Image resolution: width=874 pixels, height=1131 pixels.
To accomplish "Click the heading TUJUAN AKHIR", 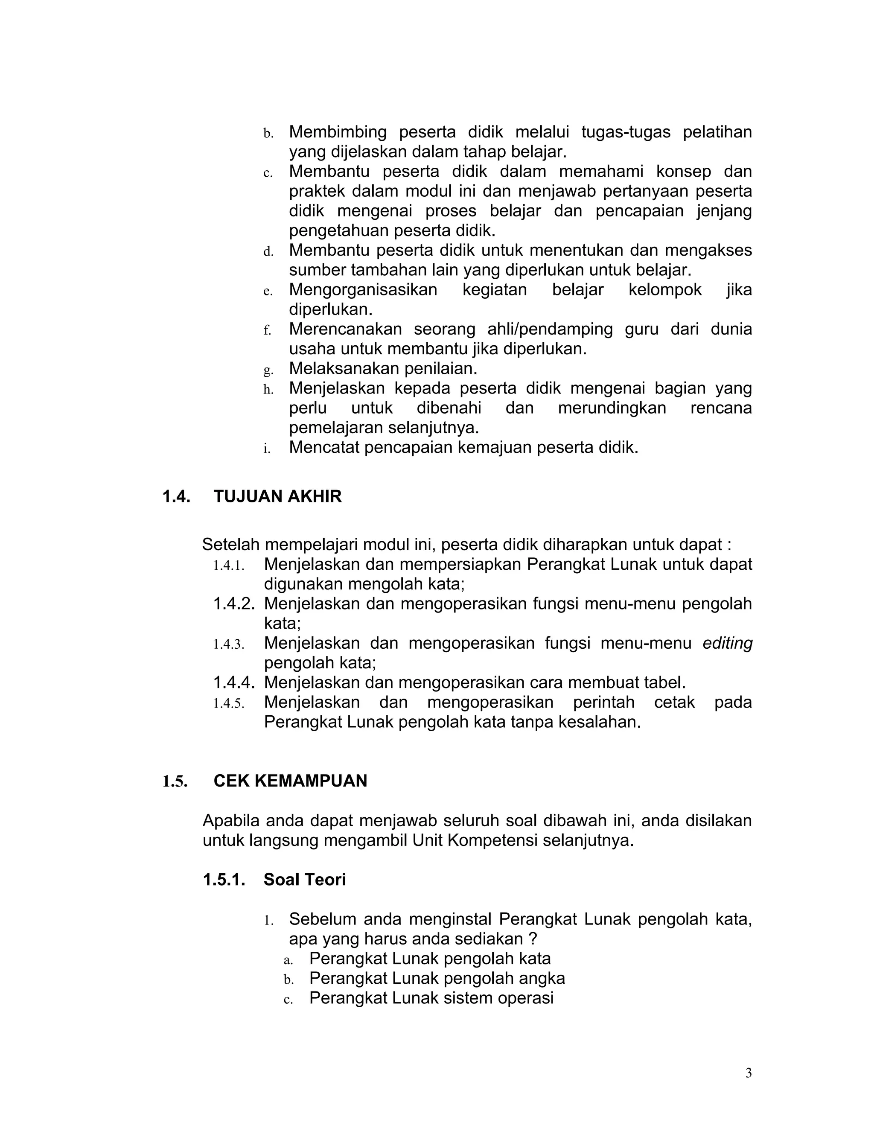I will pyautogui.click(x=277, y=497).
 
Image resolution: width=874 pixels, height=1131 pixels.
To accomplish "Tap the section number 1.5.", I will pyautogui.click(x=175, y=781).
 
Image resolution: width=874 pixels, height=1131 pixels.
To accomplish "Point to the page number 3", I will pyautogui.click(x=748, y=1073).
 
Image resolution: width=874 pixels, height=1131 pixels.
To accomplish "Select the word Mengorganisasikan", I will pyautogui.click(x=362, y=290).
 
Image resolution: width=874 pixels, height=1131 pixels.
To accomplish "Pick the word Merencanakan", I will pyautogui.click(x=345, y=329).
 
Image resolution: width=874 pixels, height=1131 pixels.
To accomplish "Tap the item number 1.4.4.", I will pyautogui.click(x=234, y=683).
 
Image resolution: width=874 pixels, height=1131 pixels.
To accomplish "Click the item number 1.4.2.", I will pyautogui.click(x=234, y=604).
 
